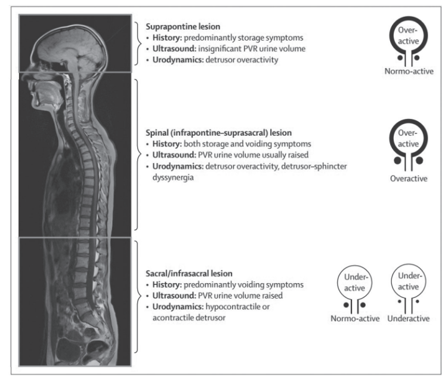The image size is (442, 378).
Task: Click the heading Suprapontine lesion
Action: point(183,26)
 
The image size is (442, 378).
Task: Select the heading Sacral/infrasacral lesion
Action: point(189,273)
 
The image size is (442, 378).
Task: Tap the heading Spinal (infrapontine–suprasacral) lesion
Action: point(219,133)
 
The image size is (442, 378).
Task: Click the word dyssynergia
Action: point(173,177)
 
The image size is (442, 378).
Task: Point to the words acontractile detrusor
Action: point(189,318)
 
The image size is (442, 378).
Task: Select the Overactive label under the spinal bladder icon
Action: point(409,179)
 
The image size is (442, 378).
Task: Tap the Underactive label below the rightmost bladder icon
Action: point(409,318)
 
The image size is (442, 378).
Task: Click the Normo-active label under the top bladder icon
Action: point(409,71)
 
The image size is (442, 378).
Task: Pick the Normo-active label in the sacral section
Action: point(355,318)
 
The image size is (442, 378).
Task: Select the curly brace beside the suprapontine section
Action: point(139,43)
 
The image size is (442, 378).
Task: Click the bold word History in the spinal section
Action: point(167,144)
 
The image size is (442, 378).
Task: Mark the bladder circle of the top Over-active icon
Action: point(409,19)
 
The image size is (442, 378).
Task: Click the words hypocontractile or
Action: point(237,307)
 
